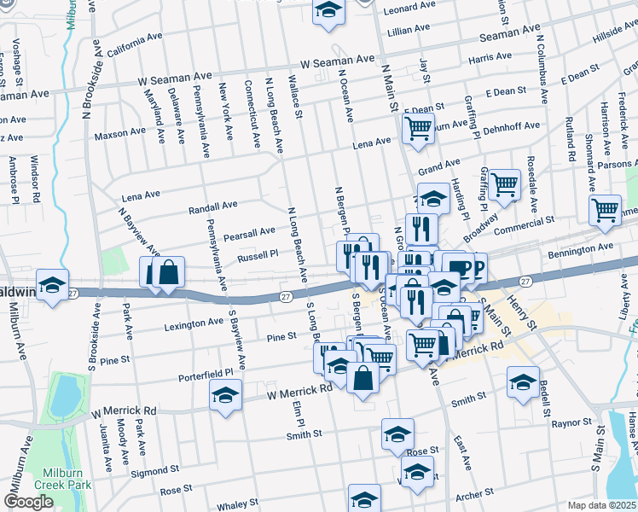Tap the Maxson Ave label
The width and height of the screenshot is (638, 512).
(x=119, y=133)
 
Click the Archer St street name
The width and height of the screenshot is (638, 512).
(x=475, y=493)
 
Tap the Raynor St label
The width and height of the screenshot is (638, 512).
(x=571, y=422)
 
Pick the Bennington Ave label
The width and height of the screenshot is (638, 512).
(x=580, y=248)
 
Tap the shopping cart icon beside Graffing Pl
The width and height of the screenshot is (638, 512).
(x=505, y=183)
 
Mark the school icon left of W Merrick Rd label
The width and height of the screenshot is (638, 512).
(x=225, y=396)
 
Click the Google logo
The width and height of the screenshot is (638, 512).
(x=28, y=502)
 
